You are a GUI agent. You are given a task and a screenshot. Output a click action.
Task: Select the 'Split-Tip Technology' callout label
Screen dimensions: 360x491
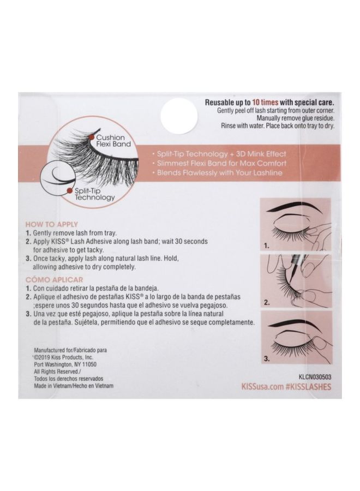[x=94, y=194]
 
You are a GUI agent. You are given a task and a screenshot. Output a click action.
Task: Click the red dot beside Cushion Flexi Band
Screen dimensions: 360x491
[x=91, y=137]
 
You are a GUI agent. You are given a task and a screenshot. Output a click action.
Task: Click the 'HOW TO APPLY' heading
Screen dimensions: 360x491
[x=52, y=224]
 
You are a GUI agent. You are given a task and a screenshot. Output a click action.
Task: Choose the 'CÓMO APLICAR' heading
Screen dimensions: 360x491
[x=54, y=280]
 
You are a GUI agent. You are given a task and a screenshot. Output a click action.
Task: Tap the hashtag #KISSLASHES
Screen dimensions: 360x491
[x=308, y=387]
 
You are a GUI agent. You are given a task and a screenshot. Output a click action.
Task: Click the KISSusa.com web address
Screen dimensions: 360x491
[x=262, y=387]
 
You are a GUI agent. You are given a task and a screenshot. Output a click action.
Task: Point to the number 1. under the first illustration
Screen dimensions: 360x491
[x=266, y=246]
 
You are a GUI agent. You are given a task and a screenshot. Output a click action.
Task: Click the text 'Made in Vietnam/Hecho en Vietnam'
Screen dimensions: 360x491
[x=74, y=386]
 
